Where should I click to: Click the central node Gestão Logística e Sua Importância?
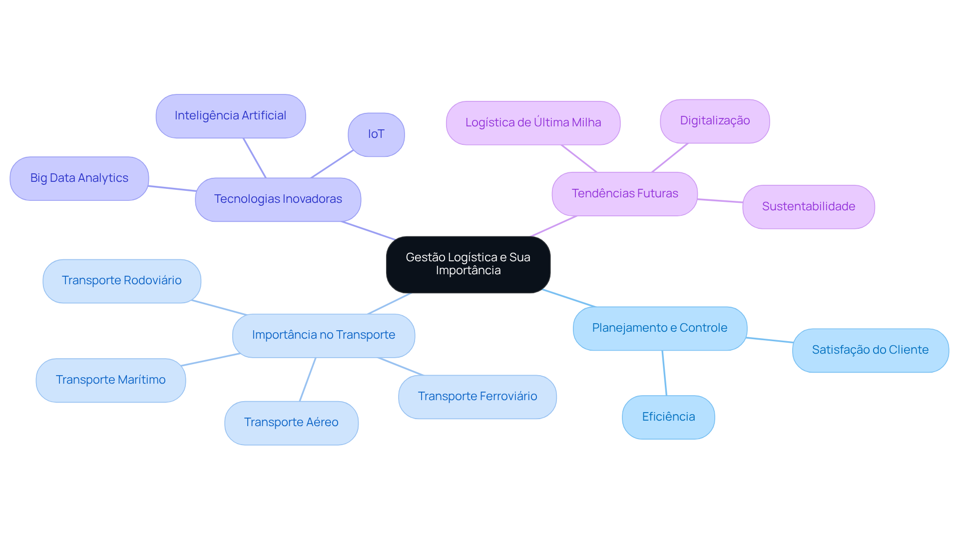coord(468,264)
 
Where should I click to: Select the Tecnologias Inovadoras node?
coord(278,199)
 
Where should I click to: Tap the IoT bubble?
coord(376,134)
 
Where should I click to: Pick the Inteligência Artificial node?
coord(230,116)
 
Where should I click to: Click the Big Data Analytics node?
coord(79,178)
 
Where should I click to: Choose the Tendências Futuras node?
coord(624,194)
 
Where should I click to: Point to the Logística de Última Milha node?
coord(533,123)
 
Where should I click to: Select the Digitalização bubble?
coord(715,121)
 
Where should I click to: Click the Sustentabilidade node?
coord(808,207)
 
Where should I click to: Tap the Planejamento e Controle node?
coord(659,328)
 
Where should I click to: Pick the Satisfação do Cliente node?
coord(870,350)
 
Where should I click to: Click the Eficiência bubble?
coord(668,417)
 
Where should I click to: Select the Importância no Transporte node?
coord(323,335)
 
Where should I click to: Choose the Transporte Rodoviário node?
coord(121,281)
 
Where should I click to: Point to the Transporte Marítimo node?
coord(110,380)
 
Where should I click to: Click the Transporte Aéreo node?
coord(291,423)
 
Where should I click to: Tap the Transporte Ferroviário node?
coord(477,397)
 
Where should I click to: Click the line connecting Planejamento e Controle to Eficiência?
coord(664,373)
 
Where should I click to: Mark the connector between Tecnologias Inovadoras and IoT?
coord(332,164)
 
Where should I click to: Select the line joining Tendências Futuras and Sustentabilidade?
coord(720,201)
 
